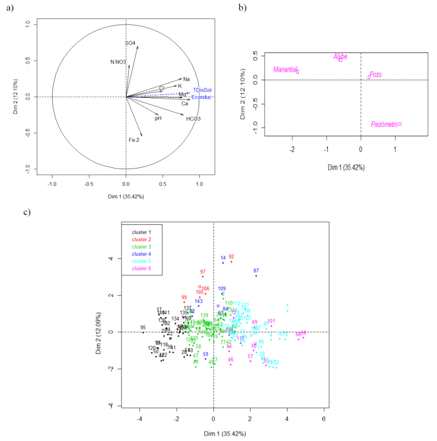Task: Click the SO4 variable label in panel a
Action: click(130, 43)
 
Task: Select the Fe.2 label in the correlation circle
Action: click(133, 140)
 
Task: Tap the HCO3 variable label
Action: click(193, 119)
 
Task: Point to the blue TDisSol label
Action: click(202, 90)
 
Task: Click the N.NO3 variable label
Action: click(119, 62)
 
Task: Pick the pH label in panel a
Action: click(158, 118)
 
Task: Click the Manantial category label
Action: click(285, 70)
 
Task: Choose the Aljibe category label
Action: click(340, 56)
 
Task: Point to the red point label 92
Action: click(231, 257)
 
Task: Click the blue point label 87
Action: click(256, 270)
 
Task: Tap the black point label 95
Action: click(143, 328)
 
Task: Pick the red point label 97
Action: click(202, 271)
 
